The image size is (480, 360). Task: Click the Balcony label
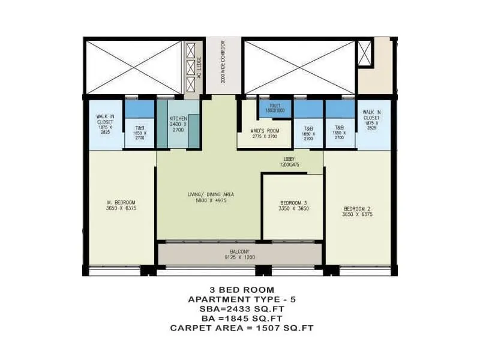(239, 251)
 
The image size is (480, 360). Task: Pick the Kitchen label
(178, 119)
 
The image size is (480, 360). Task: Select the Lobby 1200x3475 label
(292, 163)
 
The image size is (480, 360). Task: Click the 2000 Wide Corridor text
(223, 62)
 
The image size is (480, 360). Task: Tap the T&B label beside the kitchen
(139, 128)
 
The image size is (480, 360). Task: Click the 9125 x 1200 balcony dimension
(239, 258)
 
